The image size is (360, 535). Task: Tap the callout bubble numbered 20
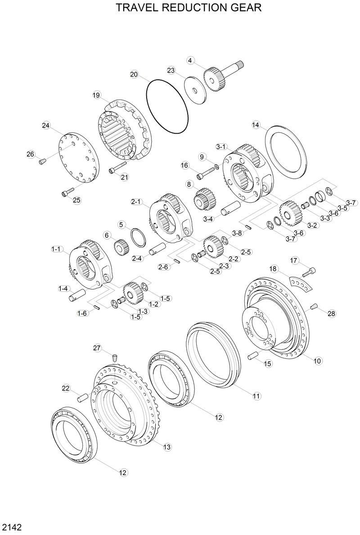(x=134, y=74)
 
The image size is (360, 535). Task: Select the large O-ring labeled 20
(x=167, y=106)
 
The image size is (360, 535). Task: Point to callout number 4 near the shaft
(x=190, y=60)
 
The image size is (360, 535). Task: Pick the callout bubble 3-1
(x=221, y=147)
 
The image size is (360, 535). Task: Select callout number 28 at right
(x=332, y=313)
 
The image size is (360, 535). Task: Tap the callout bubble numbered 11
(x=256, y=396)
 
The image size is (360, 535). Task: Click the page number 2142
(x=12, y=526)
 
